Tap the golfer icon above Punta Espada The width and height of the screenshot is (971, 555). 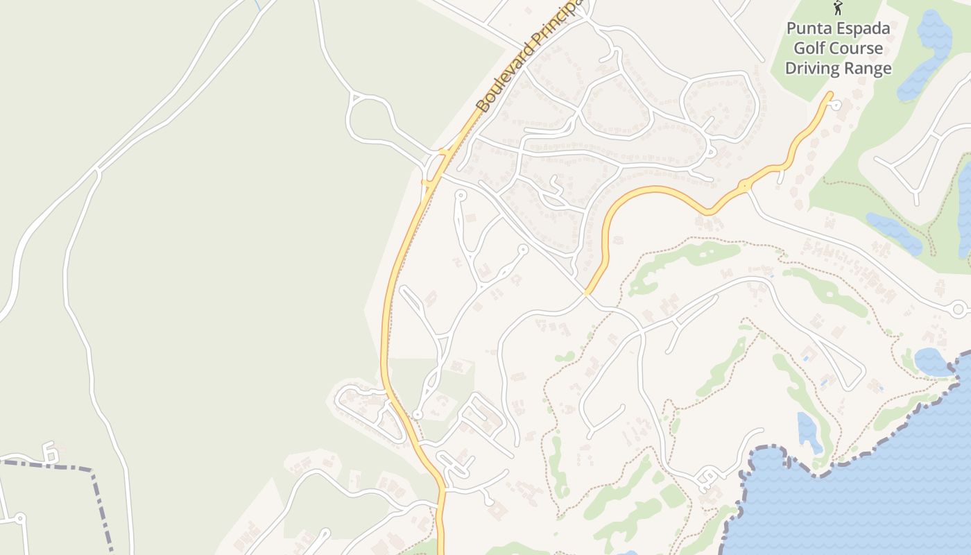coord(838,8)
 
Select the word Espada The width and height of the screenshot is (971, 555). coord(864,29)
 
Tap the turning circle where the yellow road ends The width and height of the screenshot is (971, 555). coord(836,105)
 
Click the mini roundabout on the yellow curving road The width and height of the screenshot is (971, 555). coord(744,186)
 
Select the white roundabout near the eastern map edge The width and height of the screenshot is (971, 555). coord(959,309)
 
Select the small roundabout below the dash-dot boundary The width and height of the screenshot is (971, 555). coord(20,518)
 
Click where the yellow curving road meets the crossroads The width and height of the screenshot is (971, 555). coord(587,293)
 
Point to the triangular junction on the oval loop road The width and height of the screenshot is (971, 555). coord(356,99)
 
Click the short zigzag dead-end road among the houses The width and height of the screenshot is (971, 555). coord(555,185)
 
